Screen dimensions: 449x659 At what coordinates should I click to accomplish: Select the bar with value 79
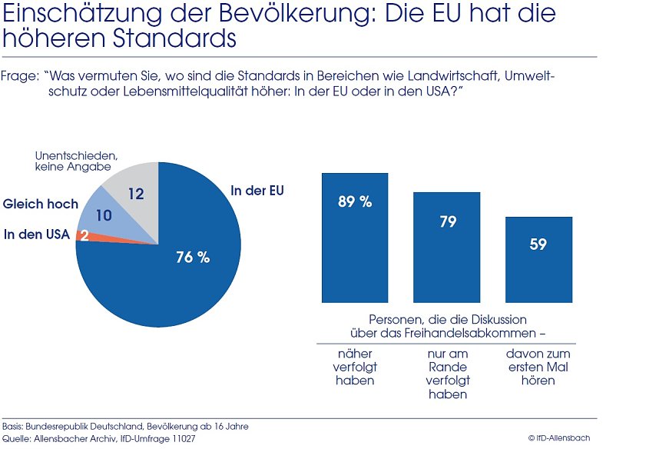point(447,246)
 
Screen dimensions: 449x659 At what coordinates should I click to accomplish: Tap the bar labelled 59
point(538,259)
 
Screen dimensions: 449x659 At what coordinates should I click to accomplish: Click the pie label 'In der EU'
point(257,190)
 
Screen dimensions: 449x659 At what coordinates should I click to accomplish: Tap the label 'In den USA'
point(36,234)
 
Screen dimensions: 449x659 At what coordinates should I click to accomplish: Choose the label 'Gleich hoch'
point(41,204)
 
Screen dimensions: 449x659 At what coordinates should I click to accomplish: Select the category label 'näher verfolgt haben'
point(355,367)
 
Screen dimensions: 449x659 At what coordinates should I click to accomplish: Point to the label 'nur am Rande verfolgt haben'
point(447,374)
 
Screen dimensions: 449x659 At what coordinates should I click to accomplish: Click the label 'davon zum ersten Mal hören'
point(538,367)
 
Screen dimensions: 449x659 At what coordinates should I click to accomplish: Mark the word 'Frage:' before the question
point(20,77)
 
